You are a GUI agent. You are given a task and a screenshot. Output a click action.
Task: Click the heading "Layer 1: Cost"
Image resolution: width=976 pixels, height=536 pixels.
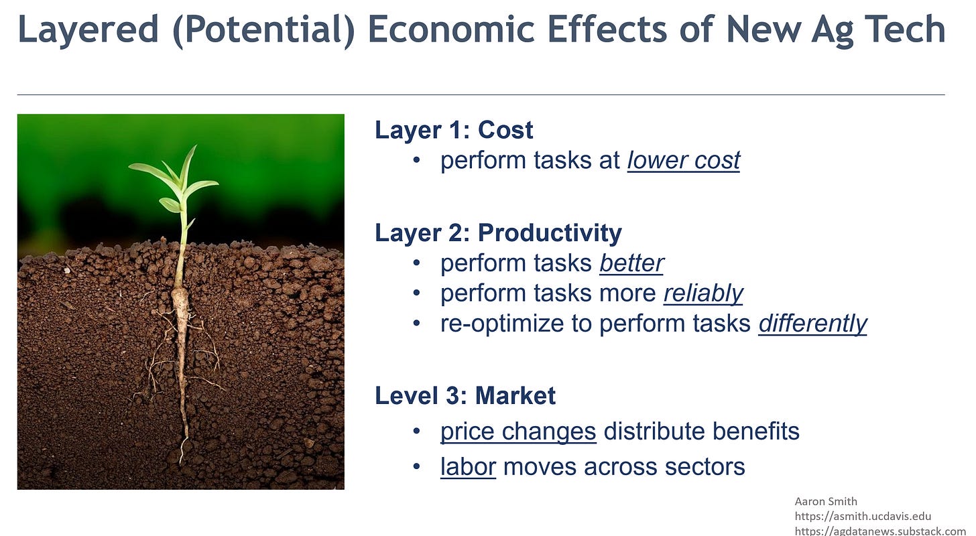454,130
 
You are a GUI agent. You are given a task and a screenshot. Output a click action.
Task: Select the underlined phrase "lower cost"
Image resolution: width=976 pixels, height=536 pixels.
683,161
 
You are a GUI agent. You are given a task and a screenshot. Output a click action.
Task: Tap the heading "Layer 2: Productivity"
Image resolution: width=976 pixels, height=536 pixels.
498,233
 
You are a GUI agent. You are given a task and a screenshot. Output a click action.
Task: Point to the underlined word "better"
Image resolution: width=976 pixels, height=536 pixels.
631,263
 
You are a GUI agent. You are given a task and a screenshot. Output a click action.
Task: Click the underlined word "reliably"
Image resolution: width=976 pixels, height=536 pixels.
703,293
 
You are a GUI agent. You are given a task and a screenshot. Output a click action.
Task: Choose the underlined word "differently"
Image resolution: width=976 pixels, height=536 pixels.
812,324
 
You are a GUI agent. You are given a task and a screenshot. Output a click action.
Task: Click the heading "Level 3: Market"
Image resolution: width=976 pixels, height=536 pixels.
465,395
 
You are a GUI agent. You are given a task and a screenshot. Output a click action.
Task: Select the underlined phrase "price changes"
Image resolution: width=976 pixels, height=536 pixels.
518,431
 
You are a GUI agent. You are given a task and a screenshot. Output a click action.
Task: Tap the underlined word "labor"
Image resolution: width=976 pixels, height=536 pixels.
468,466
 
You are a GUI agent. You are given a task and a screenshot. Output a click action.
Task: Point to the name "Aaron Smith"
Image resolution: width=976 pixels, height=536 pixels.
826,501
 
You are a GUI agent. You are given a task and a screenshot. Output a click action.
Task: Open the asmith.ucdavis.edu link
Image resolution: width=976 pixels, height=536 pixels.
863,517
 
